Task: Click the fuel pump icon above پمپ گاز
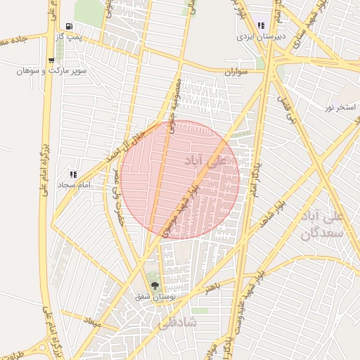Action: coord(69,27)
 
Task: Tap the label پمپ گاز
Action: coord(69,37)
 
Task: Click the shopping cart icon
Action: coord(51,60)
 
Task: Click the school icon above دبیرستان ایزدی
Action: coord(262,25)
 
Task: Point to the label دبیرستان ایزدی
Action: coord(254,35)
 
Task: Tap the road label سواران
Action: coord(237,72)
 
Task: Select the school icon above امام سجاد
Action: coord(72,174)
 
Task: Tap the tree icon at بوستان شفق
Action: coord(155,285)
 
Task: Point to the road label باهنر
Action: coord(213,287)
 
